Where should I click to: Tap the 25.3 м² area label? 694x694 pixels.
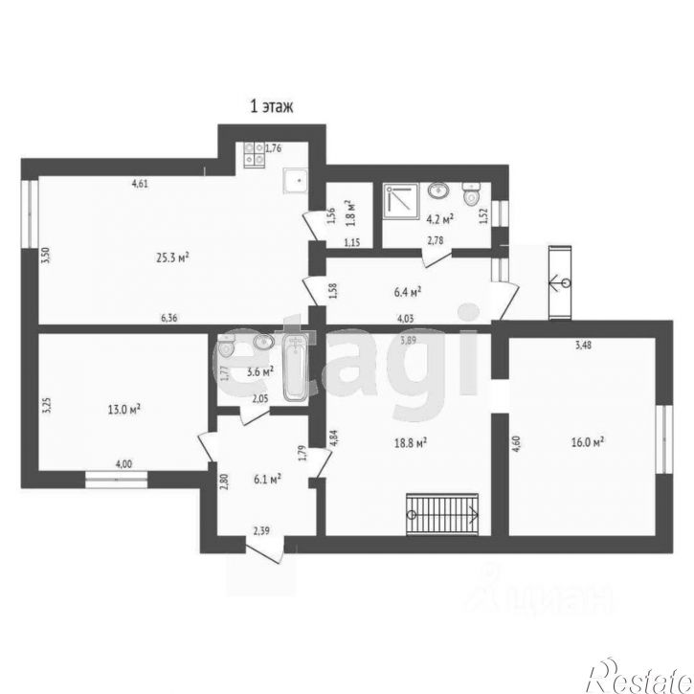pyautogui.click(x=172, y=256)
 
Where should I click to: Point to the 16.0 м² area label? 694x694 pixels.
pyautogui.click(x=586, y=442)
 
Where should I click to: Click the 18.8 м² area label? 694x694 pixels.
pyautogui.click(x=409, y=442)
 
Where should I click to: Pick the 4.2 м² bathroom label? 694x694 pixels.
pyautogui.click(x=438, y=218)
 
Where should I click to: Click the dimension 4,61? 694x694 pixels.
pyautogui.click(x=140, y=183)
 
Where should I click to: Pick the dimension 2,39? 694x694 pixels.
pyautogui.click(x=261, y=529)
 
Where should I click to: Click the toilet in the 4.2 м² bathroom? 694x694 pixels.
pyautogui.click(x=471, y=196)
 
